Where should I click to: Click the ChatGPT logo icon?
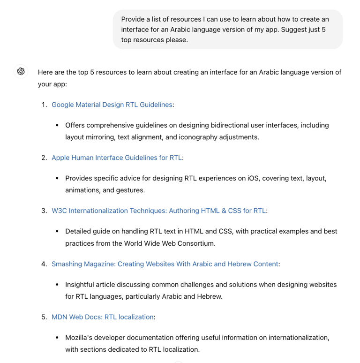21,71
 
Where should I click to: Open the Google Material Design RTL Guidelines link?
112,105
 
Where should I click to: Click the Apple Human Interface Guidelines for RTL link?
117,158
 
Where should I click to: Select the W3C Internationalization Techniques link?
159,211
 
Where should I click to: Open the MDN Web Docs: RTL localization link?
103,317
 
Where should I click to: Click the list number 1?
44,105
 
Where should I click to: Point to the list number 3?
44,211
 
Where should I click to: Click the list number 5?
44,317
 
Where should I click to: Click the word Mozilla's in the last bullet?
81,337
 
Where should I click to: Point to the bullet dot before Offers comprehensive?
57,125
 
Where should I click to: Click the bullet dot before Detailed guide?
57,231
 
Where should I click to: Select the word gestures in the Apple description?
117,190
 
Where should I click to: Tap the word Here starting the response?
45,72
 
